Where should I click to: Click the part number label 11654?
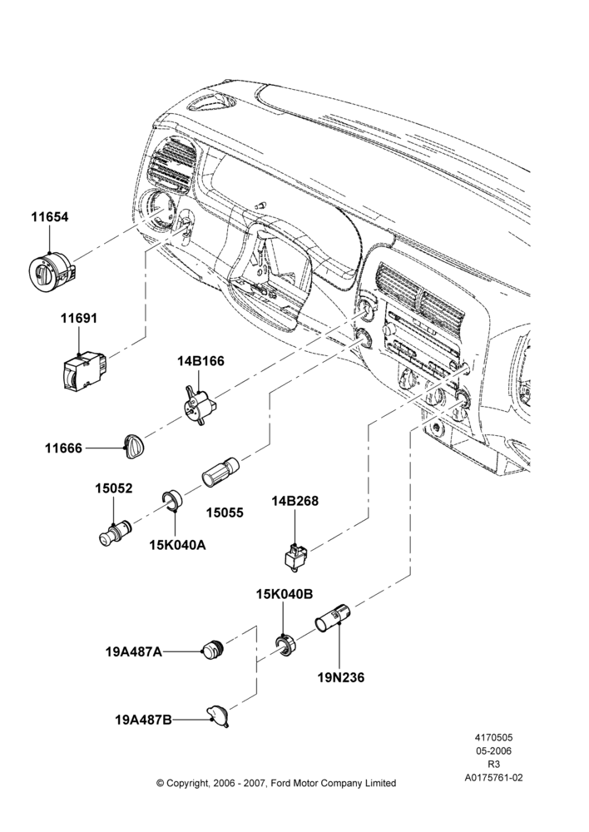pos(49,217)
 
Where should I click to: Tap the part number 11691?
pos(78,319)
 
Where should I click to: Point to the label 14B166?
pos(200,361)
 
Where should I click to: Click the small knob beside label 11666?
pos(133,445)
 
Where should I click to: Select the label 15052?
pos(114,488)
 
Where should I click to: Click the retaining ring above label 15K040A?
pos(172,501)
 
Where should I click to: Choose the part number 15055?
pos(225,513)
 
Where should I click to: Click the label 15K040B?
pos(285,594)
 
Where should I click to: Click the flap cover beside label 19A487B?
pos(219,715)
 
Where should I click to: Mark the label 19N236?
pos(340,677)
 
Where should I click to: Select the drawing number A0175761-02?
pos(493,777)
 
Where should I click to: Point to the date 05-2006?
pos(493,750)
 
